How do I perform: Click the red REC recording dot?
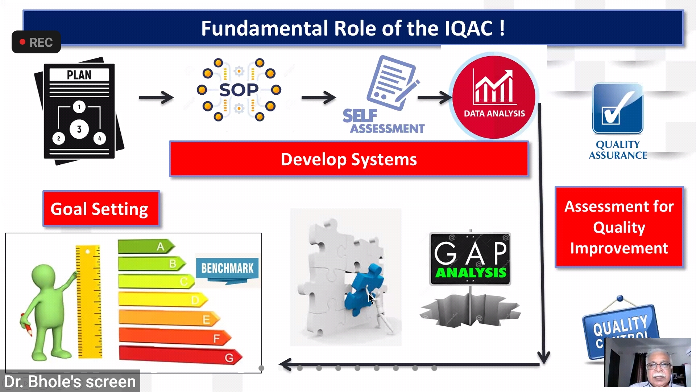(22, 42)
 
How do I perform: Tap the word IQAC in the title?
(469, 28)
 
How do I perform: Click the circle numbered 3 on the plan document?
(79, 129)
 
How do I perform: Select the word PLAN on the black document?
(79, 75)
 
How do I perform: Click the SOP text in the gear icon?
(239, 90)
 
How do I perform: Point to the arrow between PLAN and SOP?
(156, 97)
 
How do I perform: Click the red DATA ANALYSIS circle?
(494, 97)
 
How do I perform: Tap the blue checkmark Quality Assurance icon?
(618, 109)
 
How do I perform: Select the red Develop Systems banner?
(349, 159)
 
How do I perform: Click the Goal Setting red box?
(101, 209)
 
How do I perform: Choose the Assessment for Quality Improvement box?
(619, 227)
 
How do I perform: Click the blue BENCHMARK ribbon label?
(227, 269)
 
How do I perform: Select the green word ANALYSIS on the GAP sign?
(471, 273)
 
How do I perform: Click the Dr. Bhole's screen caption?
(70, 381)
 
